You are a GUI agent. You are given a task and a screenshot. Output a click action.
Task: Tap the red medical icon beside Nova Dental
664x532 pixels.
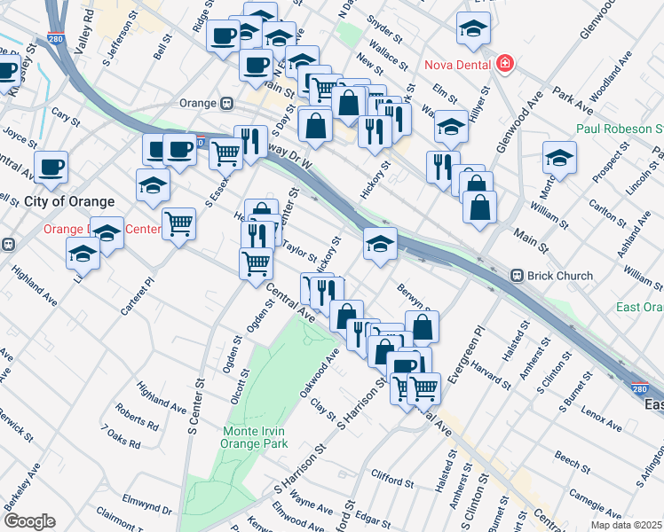tap(504, 64)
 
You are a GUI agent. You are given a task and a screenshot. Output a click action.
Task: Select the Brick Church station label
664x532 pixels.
tap(559, 276)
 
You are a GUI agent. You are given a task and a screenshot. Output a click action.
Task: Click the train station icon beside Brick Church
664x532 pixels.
tap(516, 276)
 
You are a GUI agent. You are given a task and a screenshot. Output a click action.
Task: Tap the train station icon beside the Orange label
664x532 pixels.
tap(227, 103)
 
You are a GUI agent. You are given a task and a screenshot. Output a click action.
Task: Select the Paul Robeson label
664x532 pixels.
tap(620, 129)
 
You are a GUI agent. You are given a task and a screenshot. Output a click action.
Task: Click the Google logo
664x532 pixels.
tap(28, 521)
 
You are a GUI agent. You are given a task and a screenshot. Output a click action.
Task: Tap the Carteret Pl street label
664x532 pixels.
tap(138, 294)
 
